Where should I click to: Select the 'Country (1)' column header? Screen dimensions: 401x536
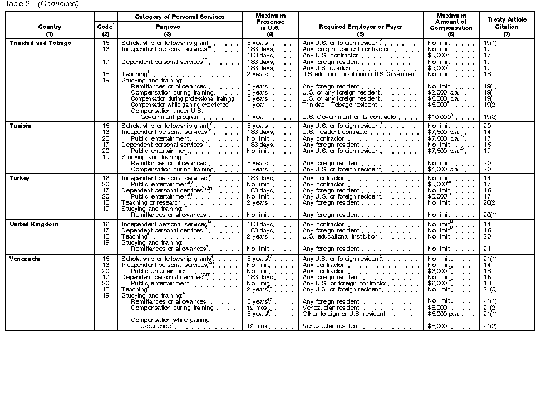tap(50, 30)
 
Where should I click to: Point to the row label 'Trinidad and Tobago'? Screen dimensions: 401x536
tap(41, 43)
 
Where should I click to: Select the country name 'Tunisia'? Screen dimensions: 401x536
tap(21, 126)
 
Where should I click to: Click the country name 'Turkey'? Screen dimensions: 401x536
tap(19, 178)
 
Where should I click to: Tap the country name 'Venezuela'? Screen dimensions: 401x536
tap(25, 259)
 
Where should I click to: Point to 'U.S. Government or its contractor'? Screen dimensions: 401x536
tap(350, 117)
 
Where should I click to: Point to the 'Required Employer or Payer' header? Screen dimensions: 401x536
tap(360, 27)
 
